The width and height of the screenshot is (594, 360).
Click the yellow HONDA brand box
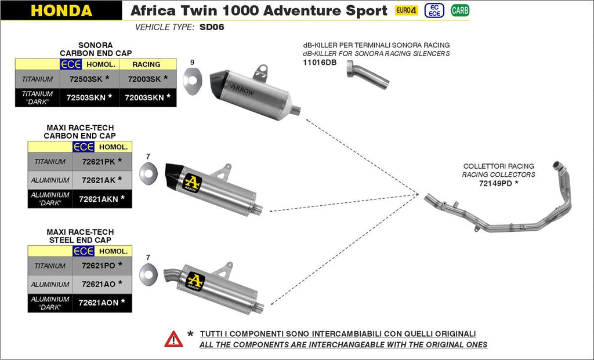[x=61, y=10]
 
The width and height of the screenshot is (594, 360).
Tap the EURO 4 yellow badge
[x=406, y=10]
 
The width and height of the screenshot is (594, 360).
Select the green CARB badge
[x=460, y=10]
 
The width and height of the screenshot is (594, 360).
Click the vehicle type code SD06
[x=212, y=27]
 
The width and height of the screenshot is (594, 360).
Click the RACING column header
[x=146, y=64]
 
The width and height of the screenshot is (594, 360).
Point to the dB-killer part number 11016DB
[x=320, y=63]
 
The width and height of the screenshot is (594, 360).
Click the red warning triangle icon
[x=173, y=339]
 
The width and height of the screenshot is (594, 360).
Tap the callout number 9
[x=192, y=62]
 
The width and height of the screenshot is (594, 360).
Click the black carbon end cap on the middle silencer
[x=174, y=172]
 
